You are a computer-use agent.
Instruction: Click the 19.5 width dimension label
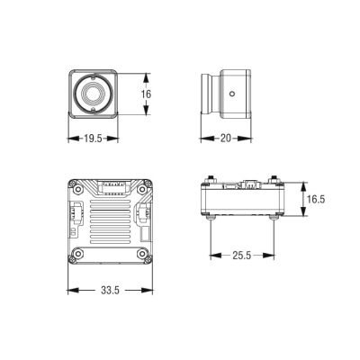coord(94,139)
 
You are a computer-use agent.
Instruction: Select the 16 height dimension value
coord(146,94)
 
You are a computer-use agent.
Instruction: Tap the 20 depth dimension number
coord(226,139)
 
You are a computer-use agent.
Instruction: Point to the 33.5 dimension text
coord(110,290)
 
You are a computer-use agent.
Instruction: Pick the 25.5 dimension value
coord(242,256)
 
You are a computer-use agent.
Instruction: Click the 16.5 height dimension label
coord(316,199)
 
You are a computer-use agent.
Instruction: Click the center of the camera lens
coord(94,94)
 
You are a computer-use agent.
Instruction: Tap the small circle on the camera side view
coord(232,94)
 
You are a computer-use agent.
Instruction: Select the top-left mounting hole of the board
coord(78,189)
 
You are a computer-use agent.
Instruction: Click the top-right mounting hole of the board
coord(141,189)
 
